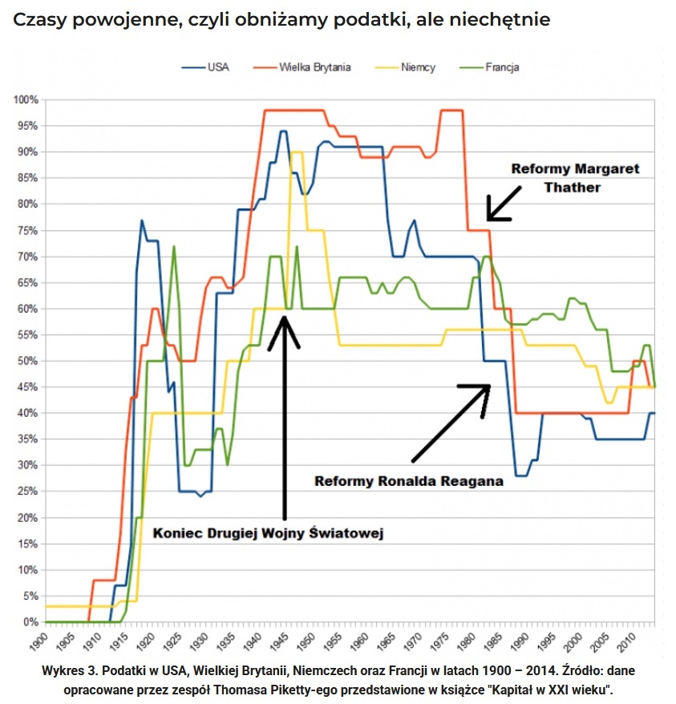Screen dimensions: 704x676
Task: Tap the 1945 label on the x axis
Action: coord(280,641)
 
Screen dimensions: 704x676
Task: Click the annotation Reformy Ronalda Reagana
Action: coord(408,481)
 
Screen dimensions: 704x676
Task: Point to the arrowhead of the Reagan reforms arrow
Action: coord(485,388)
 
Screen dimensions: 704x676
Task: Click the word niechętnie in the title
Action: coord(496,19)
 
